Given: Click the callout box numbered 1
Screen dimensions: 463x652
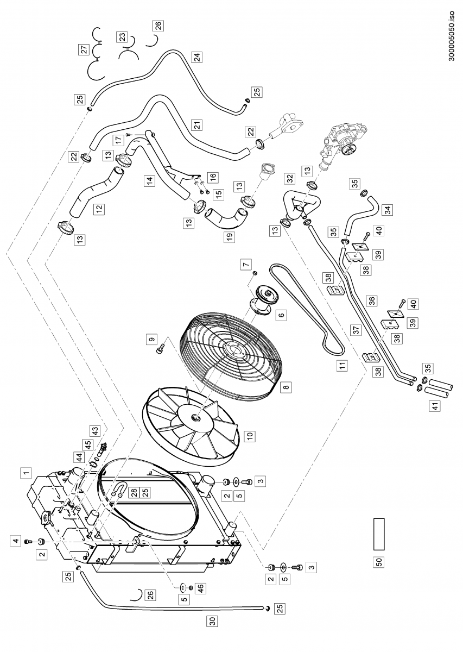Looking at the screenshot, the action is tap(26, 473).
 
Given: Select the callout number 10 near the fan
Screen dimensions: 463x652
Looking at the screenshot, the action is tap(250, 436).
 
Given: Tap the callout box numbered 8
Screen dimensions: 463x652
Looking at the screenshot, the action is tap(286, 387).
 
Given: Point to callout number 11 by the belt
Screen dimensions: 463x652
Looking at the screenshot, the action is tap(343, 365).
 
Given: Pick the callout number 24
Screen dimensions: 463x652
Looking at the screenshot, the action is tap(197, 57).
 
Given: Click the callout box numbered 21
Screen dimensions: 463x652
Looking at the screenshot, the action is tap(197, 126).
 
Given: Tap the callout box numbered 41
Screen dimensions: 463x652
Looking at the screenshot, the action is tap(435, 405).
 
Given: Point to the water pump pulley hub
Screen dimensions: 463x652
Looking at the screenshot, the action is tap(347, 149).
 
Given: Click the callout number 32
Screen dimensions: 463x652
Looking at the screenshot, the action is tap(290, 178).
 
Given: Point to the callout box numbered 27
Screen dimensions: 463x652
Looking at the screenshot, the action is tap(85, 49).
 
